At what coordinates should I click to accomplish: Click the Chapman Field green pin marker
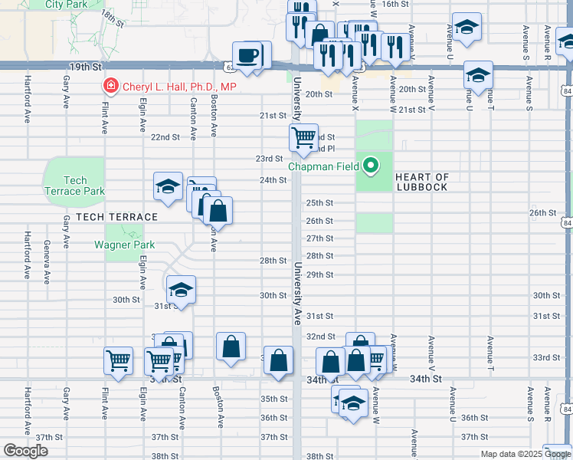(371, 165)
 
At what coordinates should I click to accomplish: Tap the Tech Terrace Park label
(74, 186)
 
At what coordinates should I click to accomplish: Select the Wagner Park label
(124, 245)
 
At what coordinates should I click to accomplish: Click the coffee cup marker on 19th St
(247, 56)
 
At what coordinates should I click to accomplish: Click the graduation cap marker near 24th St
(168, 186)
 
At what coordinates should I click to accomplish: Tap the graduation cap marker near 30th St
(182, 290)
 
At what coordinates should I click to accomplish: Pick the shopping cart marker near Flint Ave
(119, 360)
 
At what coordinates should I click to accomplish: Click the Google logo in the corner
(25, 451)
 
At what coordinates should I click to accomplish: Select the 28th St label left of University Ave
(273, 261)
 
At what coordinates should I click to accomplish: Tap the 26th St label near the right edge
(542, 212)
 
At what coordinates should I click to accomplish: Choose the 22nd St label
(165, 137)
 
